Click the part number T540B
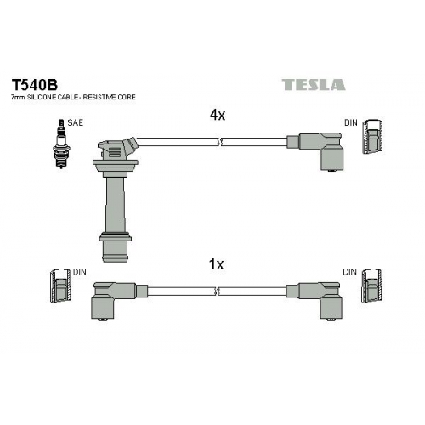[34, 84]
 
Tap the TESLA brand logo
[314, 85]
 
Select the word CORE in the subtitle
[127, 97]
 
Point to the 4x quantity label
[218, 115]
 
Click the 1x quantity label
[216, 264]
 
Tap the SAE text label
[76, 122]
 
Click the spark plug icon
[61, 144]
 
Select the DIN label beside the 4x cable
[351, 122]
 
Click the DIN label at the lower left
[79, 272]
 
